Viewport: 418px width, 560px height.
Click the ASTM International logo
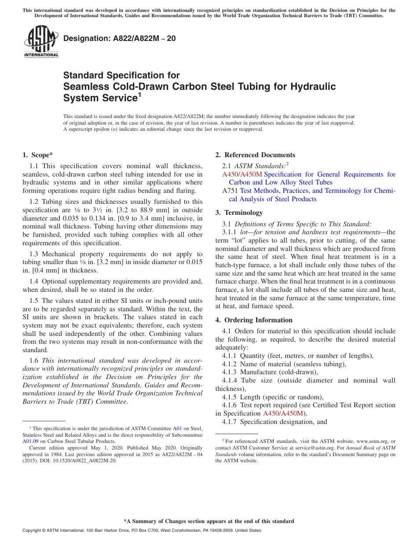pos(41,42)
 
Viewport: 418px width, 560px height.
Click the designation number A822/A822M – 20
pos(119,39)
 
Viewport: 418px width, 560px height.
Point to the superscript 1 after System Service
pos(139,95)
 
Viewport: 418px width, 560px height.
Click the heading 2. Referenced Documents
pos(255,155)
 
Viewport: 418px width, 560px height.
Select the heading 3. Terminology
pos(239,213)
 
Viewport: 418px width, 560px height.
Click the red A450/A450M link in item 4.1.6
pos(283,413)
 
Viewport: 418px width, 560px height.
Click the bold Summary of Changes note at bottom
pos(209,521)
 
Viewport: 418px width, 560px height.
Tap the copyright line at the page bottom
pos(142,531)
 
